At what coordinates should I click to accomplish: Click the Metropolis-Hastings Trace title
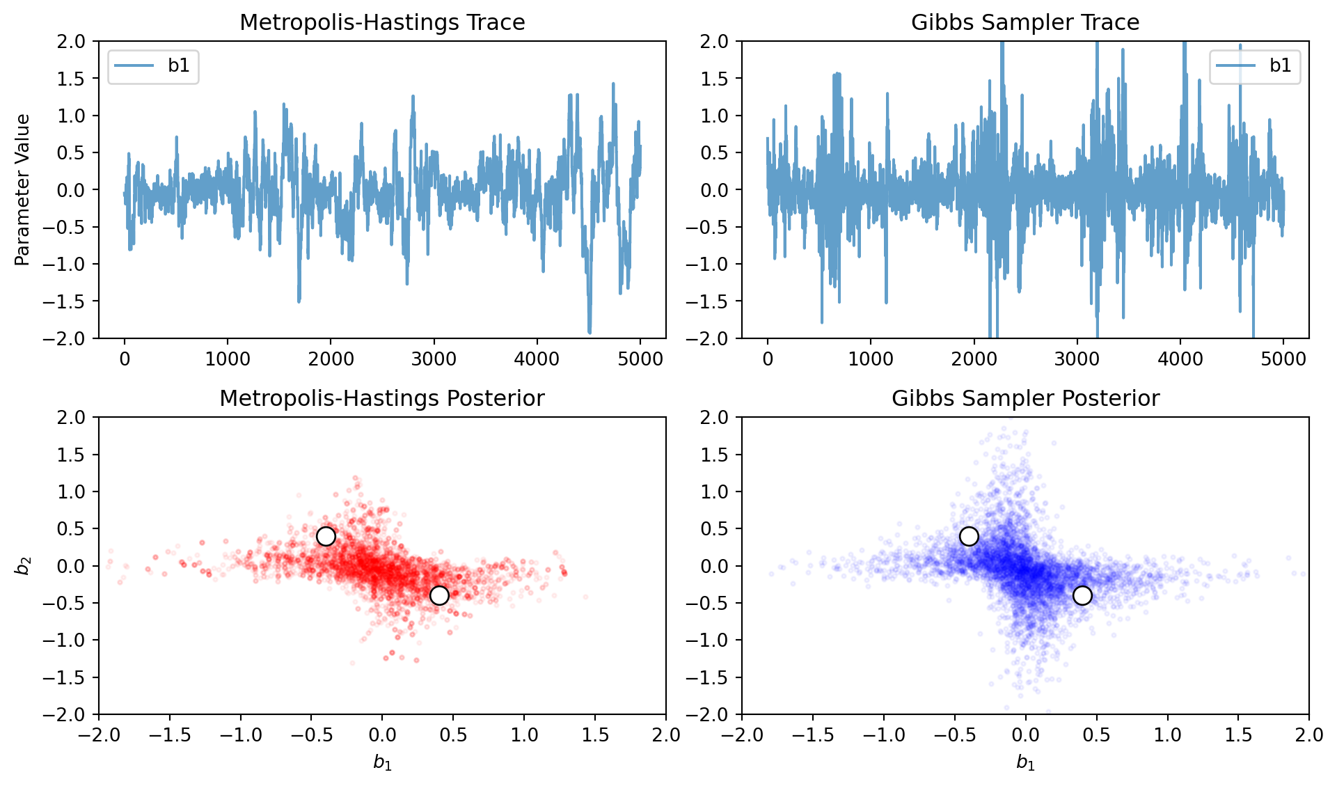[x=382, y=22]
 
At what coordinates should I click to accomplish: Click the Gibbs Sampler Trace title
[x=1025, y=22]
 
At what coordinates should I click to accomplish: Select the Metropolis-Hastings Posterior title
[x=382, y=398]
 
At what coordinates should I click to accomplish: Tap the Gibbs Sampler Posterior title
[x=1025, y=398]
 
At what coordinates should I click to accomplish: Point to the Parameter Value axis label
[x=22, y=189]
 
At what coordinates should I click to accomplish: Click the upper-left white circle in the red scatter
[x=326, y=536]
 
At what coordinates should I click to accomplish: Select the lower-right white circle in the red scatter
[x=439, y=595]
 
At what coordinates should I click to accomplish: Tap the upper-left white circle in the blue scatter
[x=969, y=536]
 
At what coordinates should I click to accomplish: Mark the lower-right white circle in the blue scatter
[x=1082, y=595]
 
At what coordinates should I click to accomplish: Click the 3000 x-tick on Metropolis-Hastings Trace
[x=434, y=359]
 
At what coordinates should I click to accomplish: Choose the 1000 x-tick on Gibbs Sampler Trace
[x=871, y=359]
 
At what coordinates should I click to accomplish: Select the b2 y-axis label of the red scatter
[x=22, y=565]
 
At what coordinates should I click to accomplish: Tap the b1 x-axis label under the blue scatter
[x=1025, y=763]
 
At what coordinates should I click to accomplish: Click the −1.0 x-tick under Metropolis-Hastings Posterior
[x=240, y=735]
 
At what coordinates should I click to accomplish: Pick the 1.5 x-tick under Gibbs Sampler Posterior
[x=1238, y=735]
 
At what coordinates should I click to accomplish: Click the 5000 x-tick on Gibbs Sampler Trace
[x=1283, y=359]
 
